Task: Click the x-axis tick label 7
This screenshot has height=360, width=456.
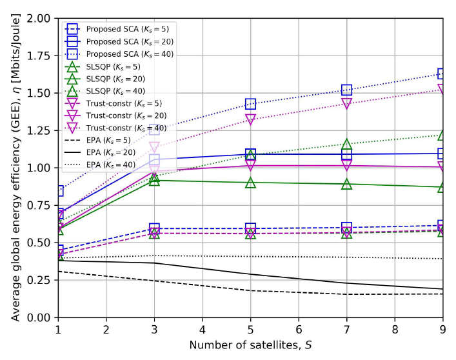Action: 347,330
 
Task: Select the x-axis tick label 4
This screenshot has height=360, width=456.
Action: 203,330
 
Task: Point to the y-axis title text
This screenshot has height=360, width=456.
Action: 13,168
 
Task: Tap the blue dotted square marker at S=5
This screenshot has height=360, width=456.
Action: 250,104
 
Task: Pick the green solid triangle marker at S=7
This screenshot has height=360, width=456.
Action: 347,184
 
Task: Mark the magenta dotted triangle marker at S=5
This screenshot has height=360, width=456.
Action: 250,120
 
